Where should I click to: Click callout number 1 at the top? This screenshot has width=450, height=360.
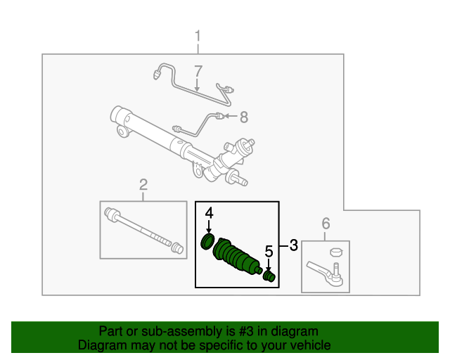pyautogui.click(x=198, y=35)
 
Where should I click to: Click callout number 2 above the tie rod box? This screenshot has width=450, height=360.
pyautogui.click(x=143, y=185)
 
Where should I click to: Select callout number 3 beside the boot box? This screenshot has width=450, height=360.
pyautogui.click(x=293, y=245)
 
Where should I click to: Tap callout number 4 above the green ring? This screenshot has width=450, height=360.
pyautogui.click(x=209, y=212)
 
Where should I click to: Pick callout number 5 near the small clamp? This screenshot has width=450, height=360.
pyautogui.click(x=268, y=251)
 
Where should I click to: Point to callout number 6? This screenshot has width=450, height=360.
pyautogui.click(x=326, y=224)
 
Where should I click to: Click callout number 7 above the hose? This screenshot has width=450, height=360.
pyautogui.click(x=198, y=71)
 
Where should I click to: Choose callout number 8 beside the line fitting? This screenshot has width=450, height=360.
pyautogui.click(x=244, y=117)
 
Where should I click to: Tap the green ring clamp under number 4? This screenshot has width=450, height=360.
pyautogui.click(x=207, y=242)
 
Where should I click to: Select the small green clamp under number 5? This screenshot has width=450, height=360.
pyautogui.click(x=268, y=275)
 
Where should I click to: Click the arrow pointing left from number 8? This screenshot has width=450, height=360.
pyautogui.click(x=231, y=117)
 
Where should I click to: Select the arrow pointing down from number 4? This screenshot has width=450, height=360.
pyautogui.click(x=209, y=226)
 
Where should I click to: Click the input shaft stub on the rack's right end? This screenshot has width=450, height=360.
pyautogui.click(x=240, y=183)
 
